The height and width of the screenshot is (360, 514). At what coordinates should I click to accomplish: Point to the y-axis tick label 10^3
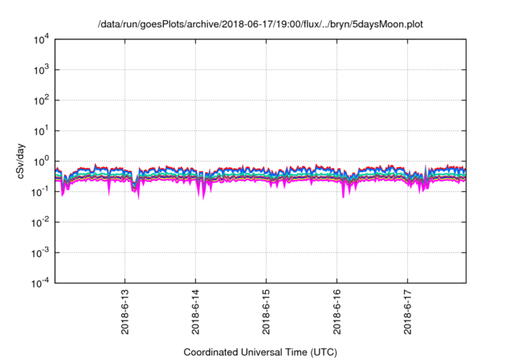[42, 70]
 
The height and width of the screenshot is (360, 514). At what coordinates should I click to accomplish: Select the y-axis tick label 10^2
[42, 100]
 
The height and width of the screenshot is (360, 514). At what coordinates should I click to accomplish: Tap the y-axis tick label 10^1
[42, 130]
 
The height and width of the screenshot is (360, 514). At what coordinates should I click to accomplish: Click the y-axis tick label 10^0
[42, 161]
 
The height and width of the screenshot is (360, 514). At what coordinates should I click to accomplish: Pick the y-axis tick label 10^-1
[40, 191]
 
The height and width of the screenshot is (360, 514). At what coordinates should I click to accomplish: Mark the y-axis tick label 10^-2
[40, 222]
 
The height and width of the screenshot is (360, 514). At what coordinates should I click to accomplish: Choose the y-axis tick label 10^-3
[40, 252]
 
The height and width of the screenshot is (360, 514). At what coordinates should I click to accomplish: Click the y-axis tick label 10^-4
[40, 282]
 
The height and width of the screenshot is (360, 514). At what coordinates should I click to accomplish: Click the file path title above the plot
[260, 24]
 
